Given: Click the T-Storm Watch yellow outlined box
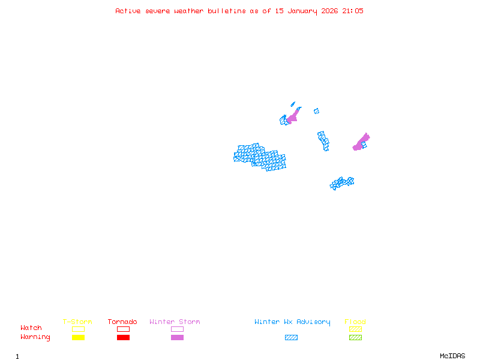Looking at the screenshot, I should point(78,329).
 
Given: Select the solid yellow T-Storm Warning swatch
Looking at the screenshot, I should point(78,338).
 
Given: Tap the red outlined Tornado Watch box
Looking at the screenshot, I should point(123,329).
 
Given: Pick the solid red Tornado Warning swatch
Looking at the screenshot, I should point(123,338).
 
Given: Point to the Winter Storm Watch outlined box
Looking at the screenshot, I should point(177,329).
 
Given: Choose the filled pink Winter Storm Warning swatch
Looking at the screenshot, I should point(177,338).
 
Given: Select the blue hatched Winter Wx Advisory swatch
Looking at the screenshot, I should point(291,338).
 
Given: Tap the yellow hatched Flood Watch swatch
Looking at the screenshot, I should point(355,329).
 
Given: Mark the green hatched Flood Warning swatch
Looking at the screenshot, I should point(355,338).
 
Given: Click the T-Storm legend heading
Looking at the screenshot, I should point(77,322).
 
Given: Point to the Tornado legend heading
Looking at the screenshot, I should point(122,322).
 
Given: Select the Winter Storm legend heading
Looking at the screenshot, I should point(175,322).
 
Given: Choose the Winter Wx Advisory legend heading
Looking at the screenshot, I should point(292,322).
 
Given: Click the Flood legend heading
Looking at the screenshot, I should point(355,322).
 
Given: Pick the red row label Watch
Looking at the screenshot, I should point(31,328).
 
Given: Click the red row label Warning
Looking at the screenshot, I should point(35,337).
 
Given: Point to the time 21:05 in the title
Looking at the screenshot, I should point(353,11).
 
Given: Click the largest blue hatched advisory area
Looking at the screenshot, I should point(260,157).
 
